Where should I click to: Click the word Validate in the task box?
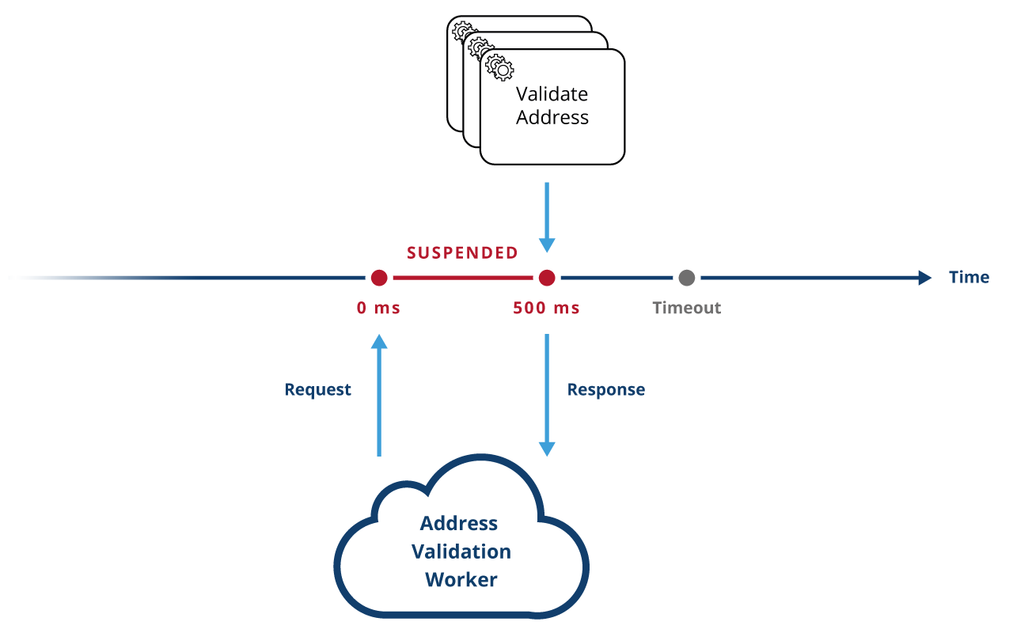click(552, 94)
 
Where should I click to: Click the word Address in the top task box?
click(552, 118)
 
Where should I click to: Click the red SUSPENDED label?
click(462, 253)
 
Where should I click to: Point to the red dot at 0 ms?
click(379, 278)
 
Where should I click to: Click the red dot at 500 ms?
click(546, 278)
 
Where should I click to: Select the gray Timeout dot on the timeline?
click(686, 278)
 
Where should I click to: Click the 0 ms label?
click(378, 308)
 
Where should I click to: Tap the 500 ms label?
click(546, 308)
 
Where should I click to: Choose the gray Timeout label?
click(686, 308)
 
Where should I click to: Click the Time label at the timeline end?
click(969, 277)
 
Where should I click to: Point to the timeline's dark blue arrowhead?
click(924, 278)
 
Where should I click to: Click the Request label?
click(317, 389)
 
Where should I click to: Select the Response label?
click(605, 389)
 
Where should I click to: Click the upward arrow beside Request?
click(379, 396)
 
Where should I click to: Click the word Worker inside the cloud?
click(461, 579)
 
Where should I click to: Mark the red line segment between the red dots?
click(463, 278)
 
